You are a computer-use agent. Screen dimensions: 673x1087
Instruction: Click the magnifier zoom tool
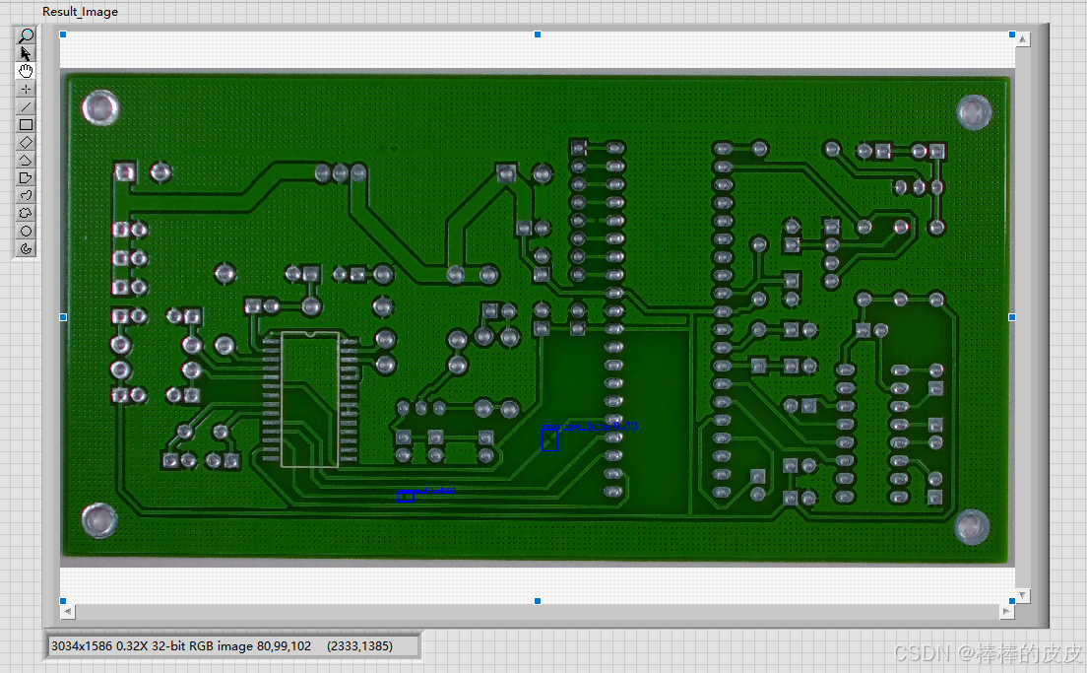point(27,35)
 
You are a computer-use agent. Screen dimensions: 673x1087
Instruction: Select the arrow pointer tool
point(27,53)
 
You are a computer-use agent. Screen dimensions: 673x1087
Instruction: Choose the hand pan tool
point(27,71)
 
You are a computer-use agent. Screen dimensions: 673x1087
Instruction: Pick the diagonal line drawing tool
point(27,106)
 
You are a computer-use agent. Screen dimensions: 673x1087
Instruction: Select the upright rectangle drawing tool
point(27,124)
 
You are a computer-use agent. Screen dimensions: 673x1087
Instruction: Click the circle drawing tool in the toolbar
point(27,231)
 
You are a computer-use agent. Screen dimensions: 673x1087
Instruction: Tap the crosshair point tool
point(27,89)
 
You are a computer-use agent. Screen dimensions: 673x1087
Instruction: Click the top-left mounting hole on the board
point(99,107)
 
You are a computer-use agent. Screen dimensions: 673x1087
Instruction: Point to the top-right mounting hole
point(973,111)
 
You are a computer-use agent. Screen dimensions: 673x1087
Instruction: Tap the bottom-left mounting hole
point(98,519)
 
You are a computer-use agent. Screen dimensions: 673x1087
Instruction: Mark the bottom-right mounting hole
point(973,526)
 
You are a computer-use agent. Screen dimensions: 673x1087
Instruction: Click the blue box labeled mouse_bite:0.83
point(550,439)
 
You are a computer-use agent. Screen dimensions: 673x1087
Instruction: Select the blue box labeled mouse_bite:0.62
point(406,497)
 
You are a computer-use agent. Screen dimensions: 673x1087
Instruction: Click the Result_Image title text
point(80,12)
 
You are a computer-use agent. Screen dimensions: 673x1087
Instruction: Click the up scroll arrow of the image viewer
point(1022,39)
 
